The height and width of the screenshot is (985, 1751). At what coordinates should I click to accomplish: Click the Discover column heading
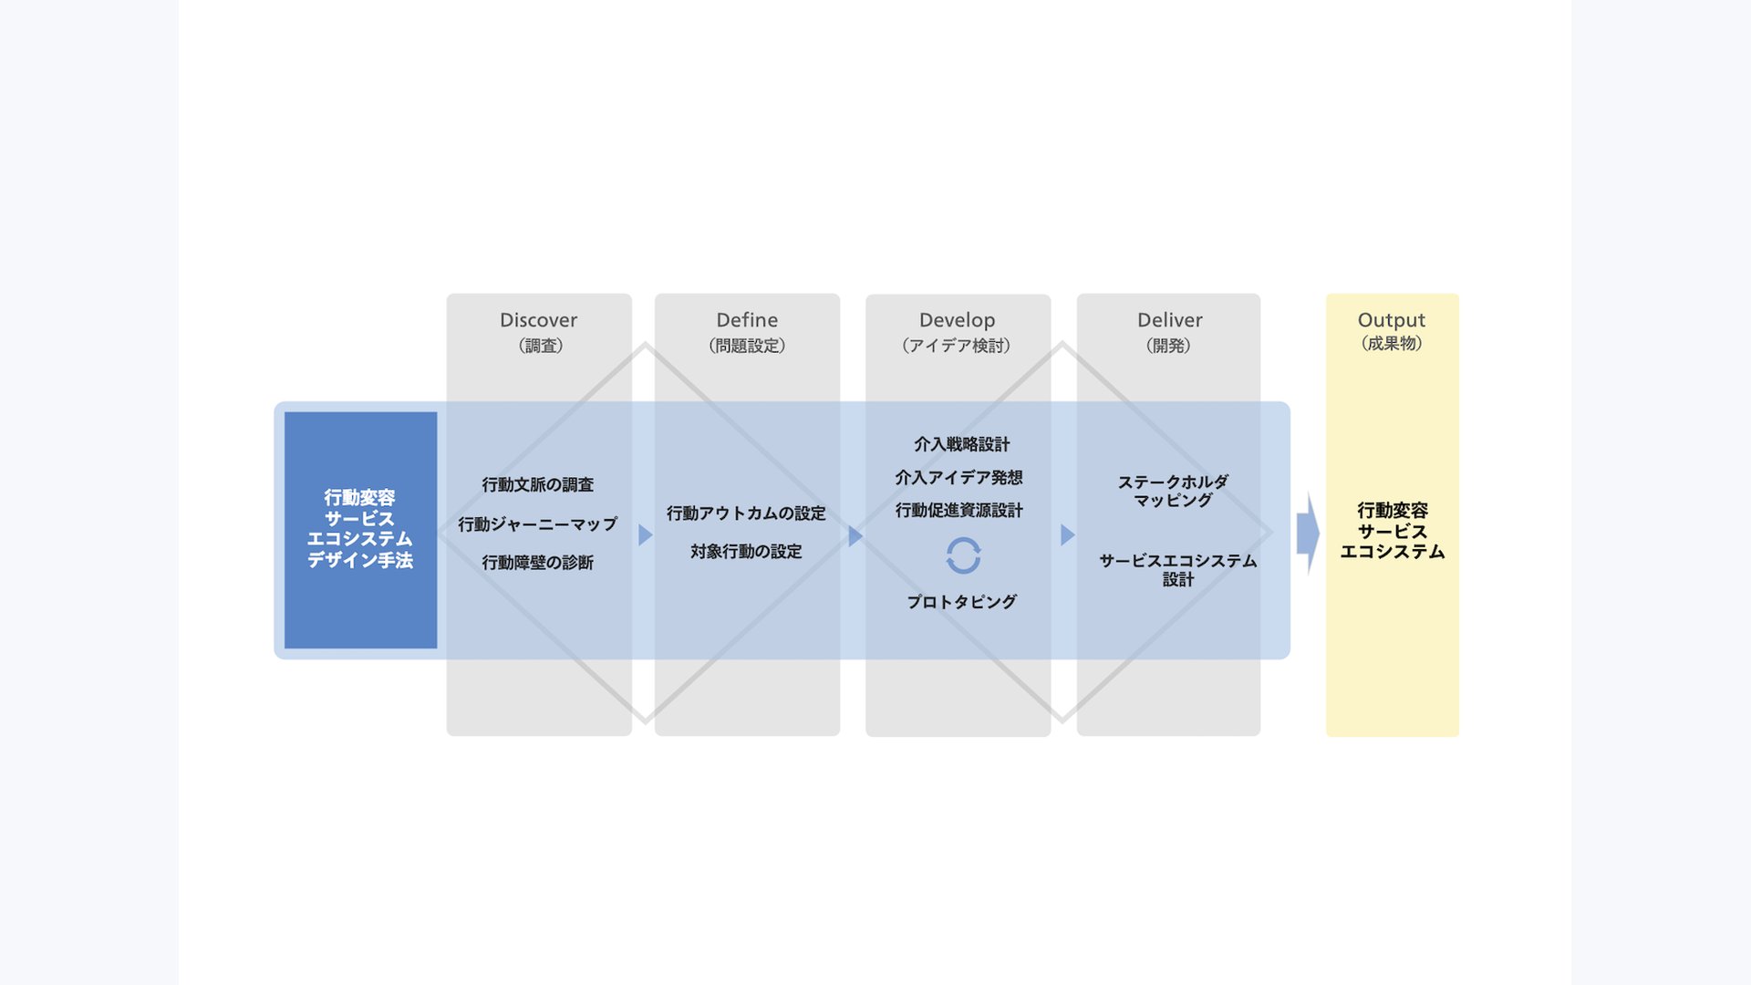point(538,320)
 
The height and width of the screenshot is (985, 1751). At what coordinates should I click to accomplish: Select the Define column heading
point(747,320)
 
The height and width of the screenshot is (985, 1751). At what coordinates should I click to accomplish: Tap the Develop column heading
point(957,320)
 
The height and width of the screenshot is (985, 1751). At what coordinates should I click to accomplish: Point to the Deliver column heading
point(1169,320)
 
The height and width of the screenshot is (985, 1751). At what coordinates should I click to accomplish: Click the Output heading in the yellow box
point(1391,320)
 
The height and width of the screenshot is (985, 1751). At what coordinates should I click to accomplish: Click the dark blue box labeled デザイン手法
point(360,530)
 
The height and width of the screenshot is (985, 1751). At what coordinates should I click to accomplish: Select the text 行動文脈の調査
point(538,485)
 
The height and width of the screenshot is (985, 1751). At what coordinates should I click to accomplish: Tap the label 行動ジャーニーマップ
point(538,524)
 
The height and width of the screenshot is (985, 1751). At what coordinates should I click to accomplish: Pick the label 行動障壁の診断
point(538,563)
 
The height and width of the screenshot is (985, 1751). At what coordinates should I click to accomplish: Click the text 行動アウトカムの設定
point(746,513)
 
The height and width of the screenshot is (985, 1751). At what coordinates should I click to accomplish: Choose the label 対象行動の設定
point(746,552)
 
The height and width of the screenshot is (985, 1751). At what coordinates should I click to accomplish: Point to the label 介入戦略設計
point(961,444)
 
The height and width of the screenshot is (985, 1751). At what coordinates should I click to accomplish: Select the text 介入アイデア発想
point(958,477)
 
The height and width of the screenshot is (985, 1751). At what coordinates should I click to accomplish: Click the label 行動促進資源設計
point(958,510)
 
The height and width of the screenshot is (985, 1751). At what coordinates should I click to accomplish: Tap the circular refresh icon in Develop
point(963,555)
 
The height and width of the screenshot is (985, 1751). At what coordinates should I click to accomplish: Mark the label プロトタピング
point(961,602)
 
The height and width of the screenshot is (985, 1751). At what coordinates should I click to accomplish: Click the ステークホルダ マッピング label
point(1173,491)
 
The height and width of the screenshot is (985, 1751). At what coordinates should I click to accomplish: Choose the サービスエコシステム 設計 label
point(1177,569)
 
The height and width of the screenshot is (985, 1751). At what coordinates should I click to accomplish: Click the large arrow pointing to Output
point(1308,533)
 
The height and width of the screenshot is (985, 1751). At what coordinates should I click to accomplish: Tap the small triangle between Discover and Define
point(645,534)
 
